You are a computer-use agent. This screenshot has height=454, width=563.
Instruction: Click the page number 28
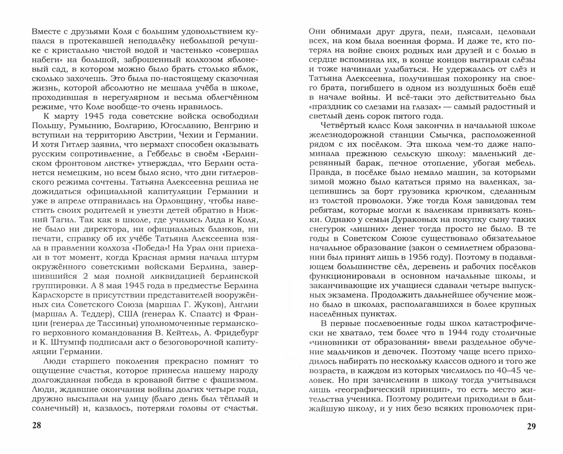pos(37,426)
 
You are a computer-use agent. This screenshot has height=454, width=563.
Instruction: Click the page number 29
pos(531,426)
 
